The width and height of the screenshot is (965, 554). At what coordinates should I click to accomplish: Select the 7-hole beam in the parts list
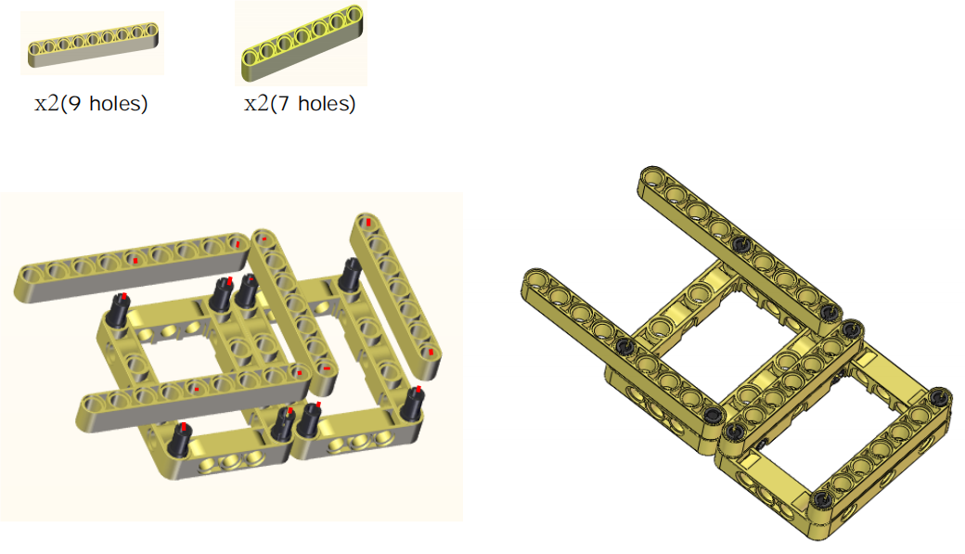coord(302,43)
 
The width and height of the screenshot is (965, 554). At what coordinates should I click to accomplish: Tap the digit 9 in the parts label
coord(74,103)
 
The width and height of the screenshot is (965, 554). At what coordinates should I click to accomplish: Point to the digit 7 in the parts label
coord(284,103)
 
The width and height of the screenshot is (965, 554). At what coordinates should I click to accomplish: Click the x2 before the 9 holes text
coord(46,103)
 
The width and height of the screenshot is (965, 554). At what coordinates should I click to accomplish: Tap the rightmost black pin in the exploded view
coord(412,404)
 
